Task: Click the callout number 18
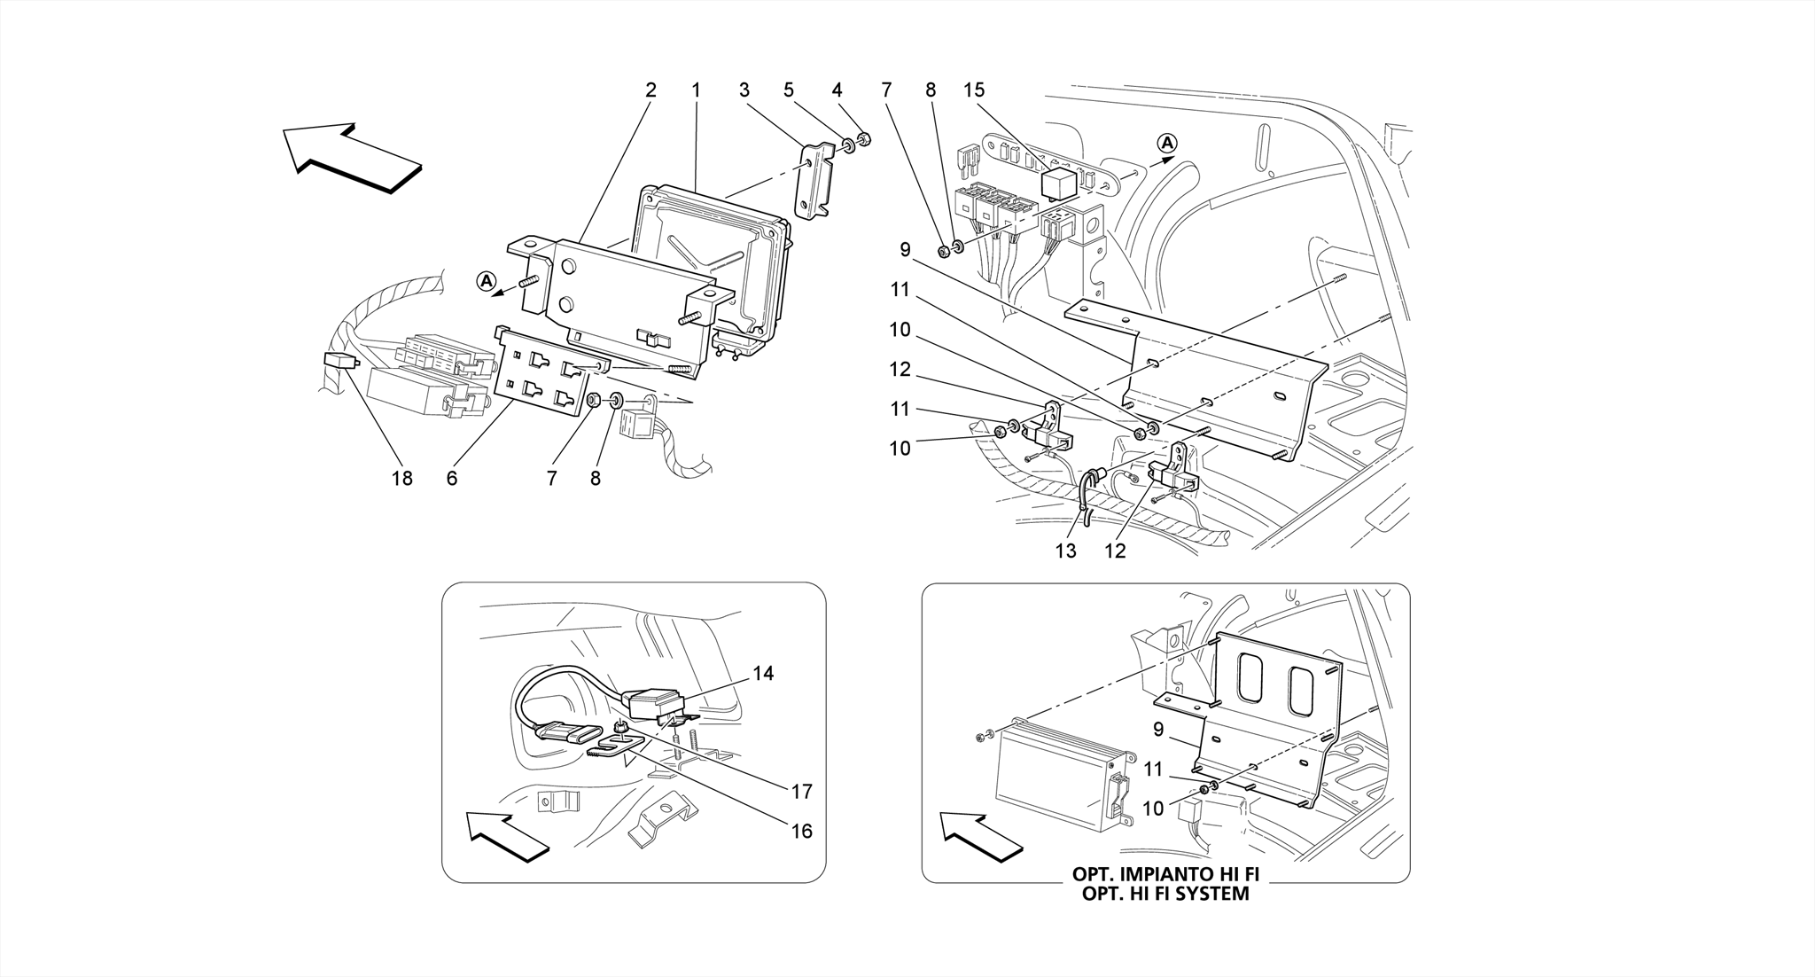(x=401, y=479)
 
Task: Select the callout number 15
(x=974, y=90)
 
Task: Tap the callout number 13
(x=1065, y=551)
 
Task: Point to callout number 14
(x=763, y=674)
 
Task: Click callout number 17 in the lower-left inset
(x=801, y=791)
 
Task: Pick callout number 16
(x=801, y=832)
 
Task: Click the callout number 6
(x=452, y=479)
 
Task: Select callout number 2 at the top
(x=650, y=90)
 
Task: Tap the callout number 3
(x=744, y=90)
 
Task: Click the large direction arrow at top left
(x=352, y=157)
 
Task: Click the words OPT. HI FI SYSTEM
(x=1165, y=894)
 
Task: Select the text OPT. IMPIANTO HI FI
(x=1165, y=874)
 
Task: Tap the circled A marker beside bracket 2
(x=485, y=281)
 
